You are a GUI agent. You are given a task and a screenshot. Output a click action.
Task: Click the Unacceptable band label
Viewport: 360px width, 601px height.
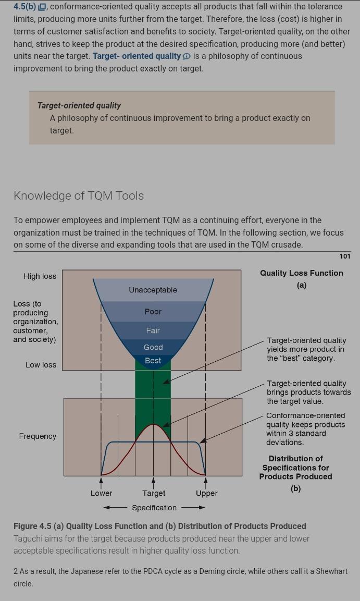point(153,290)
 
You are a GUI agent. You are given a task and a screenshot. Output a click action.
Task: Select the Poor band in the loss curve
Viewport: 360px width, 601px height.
point(153,312)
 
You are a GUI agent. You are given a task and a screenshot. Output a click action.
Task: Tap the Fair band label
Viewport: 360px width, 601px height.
point(153,330)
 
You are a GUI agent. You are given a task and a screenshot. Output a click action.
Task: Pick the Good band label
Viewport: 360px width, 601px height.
point(153,347)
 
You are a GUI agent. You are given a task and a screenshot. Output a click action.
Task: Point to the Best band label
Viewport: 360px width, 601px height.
point(153,360)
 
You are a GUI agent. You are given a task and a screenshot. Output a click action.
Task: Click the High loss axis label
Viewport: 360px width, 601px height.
point(40,276)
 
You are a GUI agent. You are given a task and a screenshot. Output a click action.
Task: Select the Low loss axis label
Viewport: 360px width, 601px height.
point(41,365)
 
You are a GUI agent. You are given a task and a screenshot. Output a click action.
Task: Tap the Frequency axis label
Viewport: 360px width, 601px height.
point(38,436)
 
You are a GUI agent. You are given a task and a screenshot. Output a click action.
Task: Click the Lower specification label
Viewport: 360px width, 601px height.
point(101,493)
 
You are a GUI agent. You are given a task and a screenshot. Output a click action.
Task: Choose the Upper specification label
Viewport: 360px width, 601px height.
point(206,493)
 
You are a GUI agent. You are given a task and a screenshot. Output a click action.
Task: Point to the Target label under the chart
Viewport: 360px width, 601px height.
point(154,493)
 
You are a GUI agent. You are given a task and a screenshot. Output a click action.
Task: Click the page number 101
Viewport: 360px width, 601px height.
point(345,256)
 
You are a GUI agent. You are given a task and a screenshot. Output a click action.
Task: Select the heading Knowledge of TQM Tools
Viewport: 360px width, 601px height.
point(79,196)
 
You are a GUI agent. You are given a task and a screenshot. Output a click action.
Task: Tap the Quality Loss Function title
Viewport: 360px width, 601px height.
point(302,273)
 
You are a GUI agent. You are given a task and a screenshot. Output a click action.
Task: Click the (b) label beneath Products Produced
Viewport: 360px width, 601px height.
point(296,488)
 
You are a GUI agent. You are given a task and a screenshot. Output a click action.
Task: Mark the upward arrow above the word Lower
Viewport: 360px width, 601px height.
point(102,481)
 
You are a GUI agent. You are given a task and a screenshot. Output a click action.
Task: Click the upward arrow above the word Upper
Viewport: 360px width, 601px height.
point(206,481)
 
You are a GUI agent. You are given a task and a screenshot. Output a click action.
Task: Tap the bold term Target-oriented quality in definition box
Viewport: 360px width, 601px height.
point(79,105)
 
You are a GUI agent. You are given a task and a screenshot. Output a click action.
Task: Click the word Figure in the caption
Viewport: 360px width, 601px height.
point(26,526)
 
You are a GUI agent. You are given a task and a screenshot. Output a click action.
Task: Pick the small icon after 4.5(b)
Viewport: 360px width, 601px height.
point(43,7)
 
